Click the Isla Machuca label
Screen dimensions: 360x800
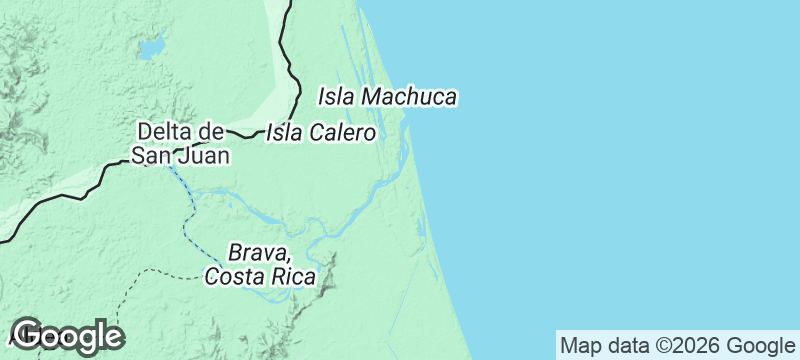[387, 97]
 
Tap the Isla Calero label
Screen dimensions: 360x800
[321, 133]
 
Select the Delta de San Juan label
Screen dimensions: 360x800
[180, 143]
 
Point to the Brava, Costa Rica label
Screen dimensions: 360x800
[260, 264]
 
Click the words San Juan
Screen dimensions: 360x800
[180, 155]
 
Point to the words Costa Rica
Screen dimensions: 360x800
[260, 276]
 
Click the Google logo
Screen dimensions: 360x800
[67, 336]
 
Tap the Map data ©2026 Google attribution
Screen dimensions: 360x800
[675, 346]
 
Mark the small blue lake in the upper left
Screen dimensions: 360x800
[151, 47]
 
